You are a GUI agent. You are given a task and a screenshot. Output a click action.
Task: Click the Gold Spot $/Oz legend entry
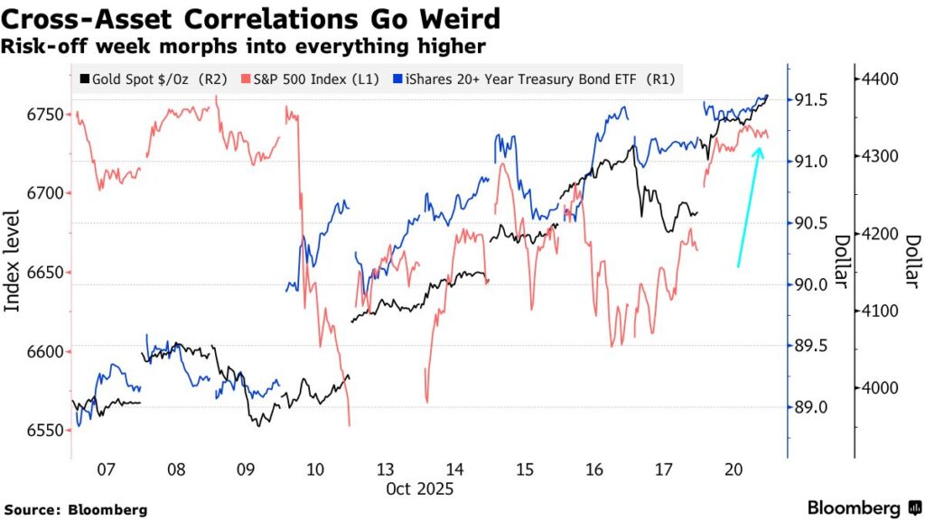coord(154,79)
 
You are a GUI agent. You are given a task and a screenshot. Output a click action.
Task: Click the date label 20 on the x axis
coord(734,469)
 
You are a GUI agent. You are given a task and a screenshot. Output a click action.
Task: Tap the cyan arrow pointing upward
coord(749,208)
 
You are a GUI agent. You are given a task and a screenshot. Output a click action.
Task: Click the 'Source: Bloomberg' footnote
coord(75,509)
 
